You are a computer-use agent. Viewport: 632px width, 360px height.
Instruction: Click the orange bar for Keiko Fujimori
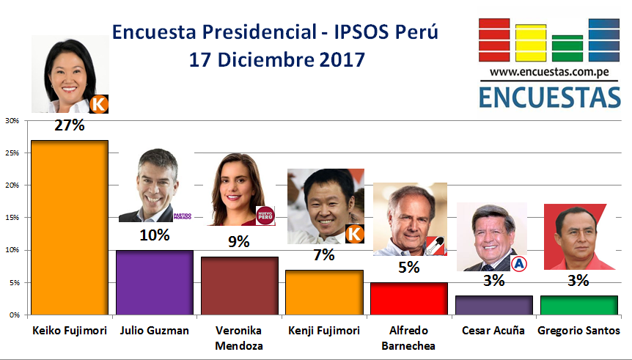70,227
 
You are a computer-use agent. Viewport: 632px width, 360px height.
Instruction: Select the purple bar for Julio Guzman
154,282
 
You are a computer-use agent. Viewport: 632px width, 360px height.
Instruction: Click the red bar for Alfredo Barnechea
408,298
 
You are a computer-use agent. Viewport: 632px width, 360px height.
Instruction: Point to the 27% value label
70,125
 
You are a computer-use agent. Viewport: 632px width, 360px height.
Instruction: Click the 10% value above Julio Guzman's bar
155,235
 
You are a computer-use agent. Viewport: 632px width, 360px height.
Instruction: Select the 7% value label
323,255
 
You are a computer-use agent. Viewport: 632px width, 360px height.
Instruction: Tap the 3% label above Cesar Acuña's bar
493,280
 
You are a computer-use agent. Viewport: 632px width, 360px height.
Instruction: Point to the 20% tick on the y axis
12,185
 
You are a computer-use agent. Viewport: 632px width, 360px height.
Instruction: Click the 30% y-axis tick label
12,121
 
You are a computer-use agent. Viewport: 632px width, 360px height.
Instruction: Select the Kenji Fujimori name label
323,331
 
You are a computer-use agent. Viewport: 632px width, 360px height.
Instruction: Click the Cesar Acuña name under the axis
493,331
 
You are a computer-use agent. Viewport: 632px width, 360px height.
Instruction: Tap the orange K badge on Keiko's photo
99,104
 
